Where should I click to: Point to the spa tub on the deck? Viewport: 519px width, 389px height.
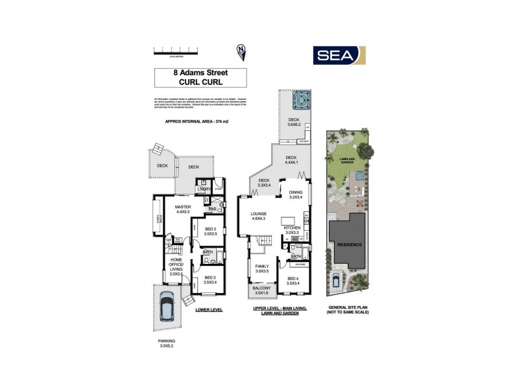tap(300, 100)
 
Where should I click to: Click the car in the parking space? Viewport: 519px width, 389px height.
tap(167, 308)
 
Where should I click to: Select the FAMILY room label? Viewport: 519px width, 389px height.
tap(262, 268)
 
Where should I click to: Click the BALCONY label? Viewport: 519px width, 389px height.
tap(262, 289)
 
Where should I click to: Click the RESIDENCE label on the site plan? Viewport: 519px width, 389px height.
tap(349, 245)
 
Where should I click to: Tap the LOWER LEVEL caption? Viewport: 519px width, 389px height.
tap(208, 310)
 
